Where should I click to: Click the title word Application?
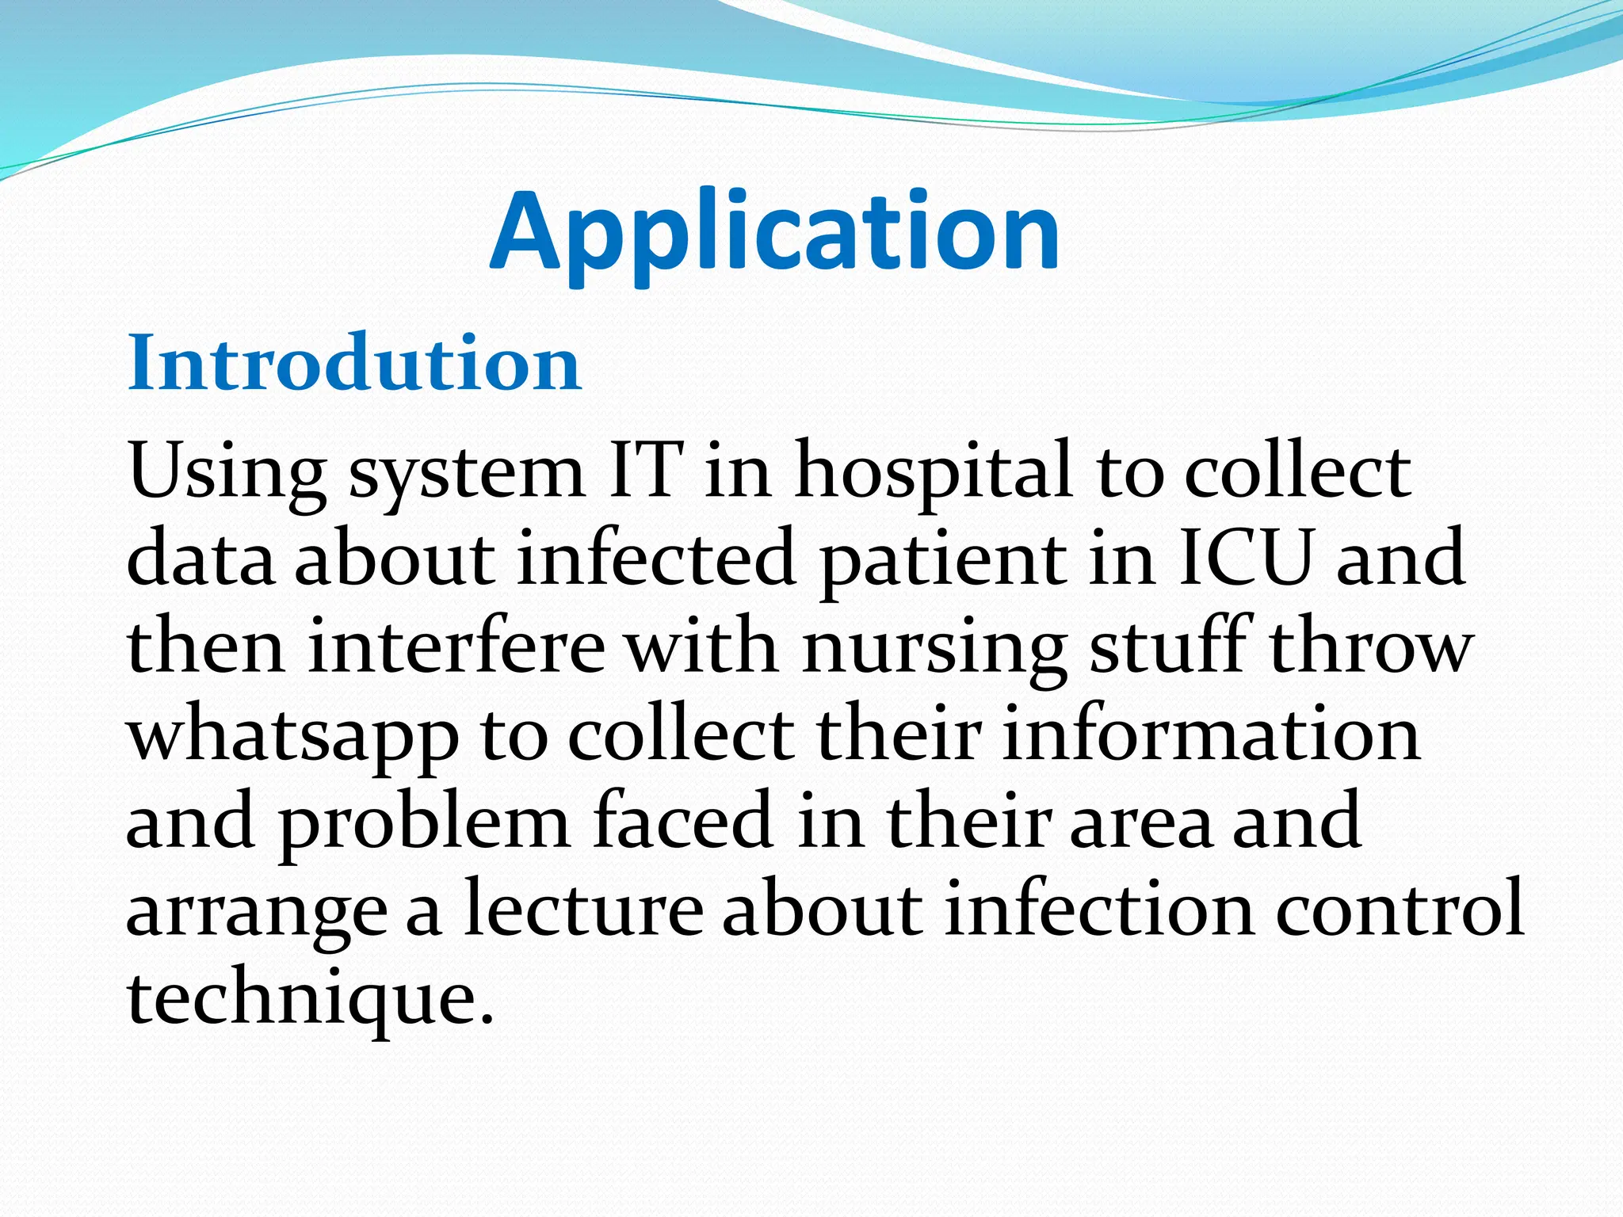(774, 231)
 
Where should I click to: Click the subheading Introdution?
(354, 364)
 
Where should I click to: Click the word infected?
(656, 559)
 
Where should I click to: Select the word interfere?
(456, 647)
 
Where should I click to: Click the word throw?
(1371, 647)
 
